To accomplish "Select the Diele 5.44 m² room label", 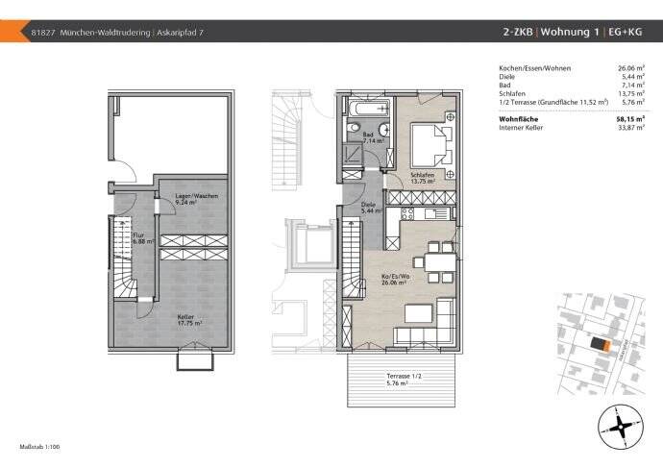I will tap(368, 208).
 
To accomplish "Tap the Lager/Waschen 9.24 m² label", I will tap(179, 199).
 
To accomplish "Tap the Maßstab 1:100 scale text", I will tap(40, 448).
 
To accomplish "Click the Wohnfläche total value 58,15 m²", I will tap(630, 120).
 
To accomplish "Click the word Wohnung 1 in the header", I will tap(572, 32).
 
